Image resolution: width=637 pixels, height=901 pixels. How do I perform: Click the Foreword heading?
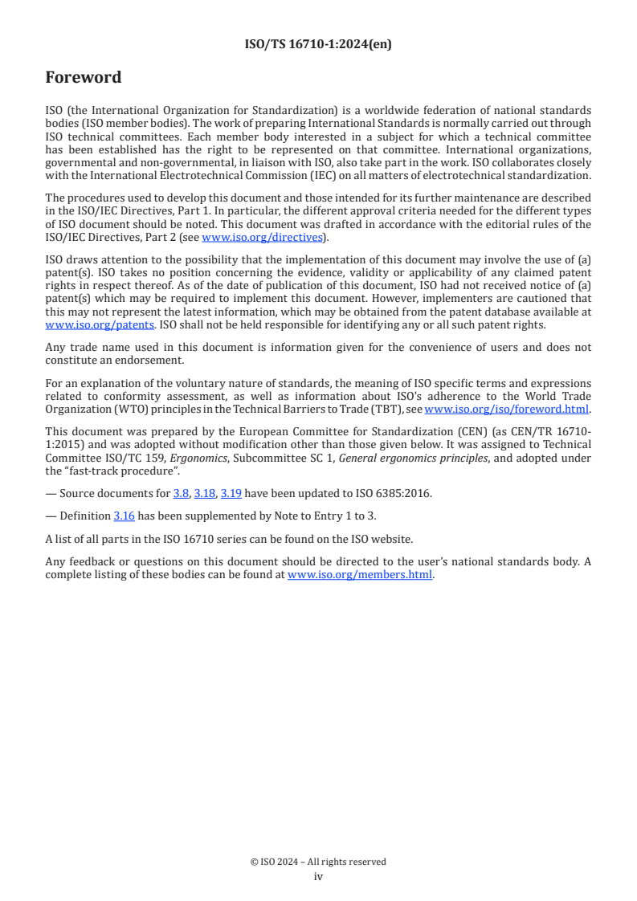[x=84, y=78]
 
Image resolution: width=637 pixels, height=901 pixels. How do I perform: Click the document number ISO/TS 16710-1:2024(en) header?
[x=318, y=45]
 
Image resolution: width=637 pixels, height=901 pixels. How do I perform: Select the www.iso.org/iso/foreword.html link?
[x=506, y=409]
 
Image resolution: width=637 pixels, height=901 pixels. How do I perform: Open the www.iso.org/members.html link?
[x=360, y=574]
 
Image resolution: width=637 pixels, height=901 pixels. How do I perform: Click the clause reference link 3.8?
[x=181, y=492]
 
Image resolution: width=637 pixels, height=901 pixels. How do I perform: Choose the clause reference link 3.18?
[x=204, y=492]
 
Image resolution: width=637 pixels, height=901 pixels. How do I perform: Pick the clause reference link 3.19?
[x=231, y=492]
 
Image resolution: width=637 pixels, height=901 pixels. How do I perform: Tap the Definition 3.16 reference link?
[x=124, y=516]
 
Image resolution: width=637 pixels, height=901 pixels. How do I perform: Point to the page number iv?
[x=318, y=876]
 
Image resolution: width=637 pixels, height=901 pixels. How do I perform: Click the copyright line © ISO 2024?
[x=318, y=862]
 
